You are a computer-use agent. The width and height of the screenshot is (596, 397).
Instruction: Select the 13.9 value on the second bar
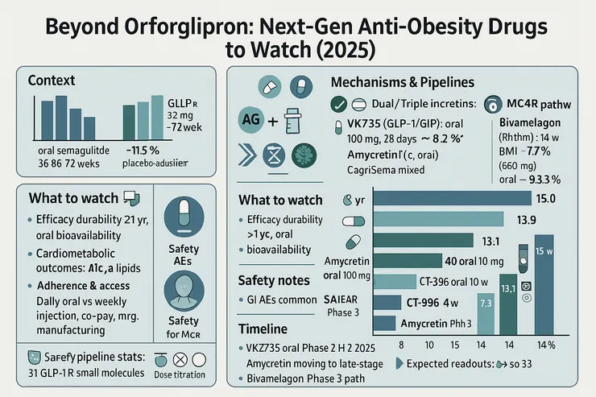pos(528,219)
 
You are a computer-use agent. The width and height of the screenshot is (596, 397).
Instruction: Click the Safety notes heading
pos(273,280)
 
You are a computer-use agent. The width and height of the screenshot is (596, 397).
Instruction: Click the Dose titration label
pos(178,374)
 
